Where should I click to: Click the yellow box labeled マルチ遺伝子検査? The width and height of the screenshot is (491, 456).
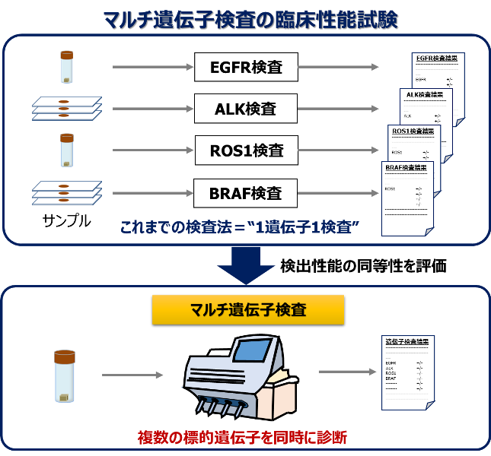(248, 310)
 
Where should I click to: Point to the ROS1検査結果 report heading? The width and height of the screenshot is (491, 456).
(414, 131)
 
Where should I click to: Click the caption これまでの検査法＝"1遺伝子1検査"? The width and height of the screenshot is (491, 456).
(239, 227)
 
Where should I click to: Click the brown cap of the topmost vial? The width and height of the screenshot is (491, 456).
(67, 55)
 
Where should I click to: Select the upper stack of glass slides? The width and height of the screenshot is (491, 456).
(67, 108)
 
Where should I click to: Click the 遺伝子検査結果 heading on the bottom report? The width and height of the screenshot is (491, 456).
(407, 341)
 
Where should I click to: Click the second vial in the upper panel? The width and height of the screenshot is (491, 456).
(67, 150)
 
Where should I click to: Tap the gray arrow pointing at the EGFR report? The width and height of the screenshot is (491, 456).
(338, 67)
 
